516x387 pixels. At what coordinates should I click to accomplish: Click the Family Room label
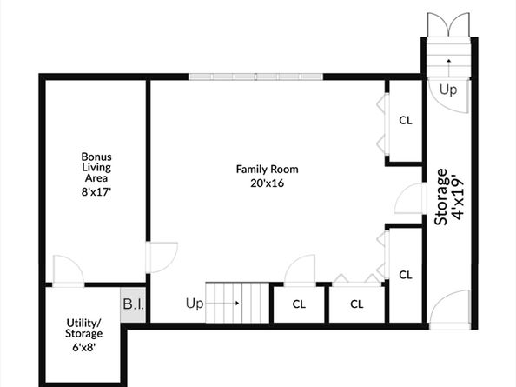coord(268,170)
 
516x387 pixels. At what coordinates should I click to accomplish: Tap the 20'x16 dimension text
coord(268,183)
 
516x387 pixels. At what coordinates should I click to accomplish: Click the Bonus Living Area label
coord(96,167)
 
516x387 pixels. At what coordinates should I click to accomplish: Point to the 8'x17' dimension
coord(96,191)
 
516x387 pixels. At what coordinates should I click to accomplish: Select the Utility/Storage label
coord(84,328)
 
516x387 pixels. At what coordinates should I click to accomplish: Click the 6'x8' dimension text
coord(84,347)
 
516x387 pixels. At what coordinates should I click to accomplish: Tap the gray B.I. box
coord(133,304)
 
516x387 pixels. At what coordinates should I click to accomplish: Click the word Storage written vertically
coord(441,197)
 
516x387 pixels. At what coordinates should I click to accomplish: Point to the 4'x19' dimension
coord(458,198)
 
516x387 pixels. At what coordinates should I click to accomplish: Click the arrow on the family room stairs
coord(223,303)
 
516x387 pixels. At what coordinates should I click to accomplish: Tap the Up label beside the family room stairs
coord(195,304)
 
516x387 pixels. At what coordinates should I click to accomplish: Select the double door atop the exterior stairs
coord(448,24)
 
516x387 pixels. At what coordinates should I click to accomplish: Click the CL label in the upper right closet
coord(406,121)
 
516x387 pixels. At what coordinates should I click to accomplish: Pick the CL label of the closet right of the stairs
coord(299,304)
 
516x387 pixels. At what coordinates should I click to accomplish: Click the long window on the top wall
coord(255,77)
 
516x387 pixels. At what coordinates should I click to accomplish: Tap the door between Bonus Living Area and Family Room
coord(162,257)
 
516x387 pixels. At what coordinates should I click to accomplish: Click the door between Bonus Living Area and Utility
coord(69,270)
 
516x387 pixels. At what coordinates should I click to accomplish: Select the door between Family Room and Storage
coord(410,198)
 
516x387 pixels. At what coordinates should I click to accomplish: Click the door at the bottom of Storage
coord(449,310)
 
